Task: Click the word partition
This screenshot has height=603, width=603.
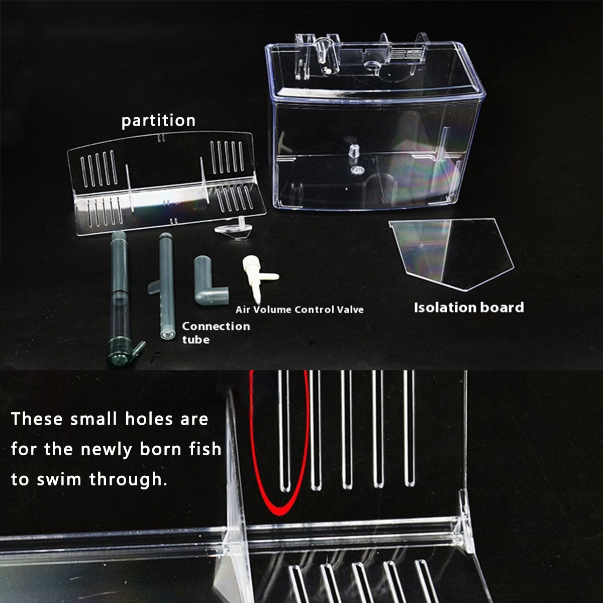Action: tap(158, 121)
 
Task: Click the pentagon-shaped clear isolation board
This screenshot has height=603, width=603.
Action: tap(451, 254)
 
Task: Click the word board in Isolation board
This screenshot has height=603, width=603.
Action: tap(502, 308)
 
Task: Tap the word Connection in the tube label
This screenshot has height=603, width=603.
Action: tap(216, 327)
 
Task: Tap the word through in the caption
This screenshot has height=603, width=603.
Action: tap(128, 479)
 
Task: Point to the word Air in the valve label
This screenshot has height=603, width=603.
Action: tap(243, 310)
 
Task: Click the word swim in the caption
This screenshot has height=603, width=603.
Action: tap(59, 479)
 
